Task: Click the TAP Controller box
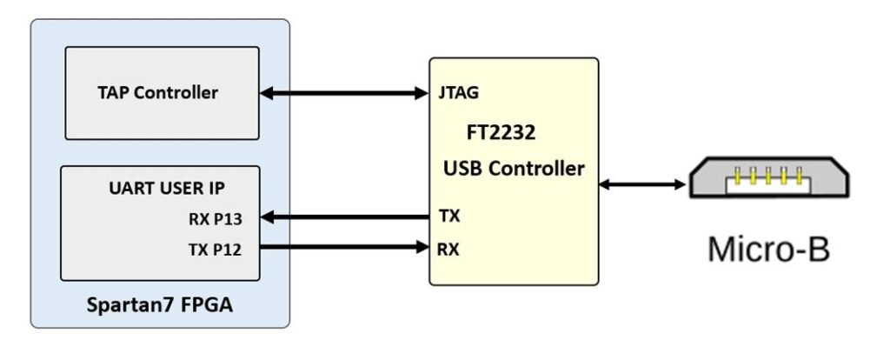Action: point(162,92)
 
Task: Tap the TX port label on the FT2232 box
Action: point(450,217)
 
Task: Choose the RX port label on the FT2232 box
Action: point(450,250)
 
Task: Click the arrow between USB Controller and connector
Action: point(641,183)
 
